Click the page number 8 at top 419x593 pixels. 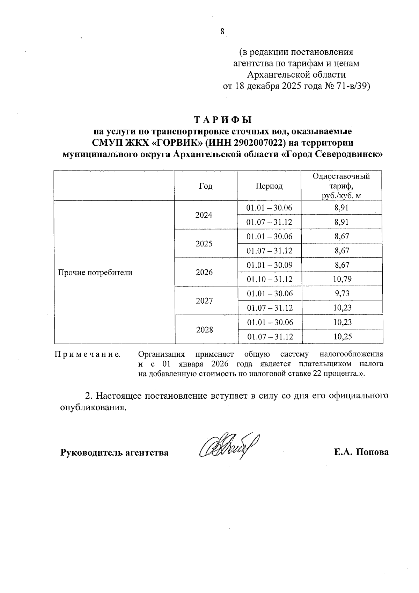pos(222,31)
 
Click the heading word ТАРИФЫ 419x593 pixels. pos(222,120)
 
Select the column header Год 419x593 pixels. pos(205,186)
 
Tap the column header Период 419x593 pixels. pos(269,186)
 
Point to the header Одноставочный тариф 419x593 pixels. pos(341,186)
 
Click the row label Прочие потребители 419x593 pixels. pos(95,273)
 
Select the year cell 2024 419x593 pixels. pos(204,215)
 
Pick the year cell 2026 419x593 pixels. pos(204,272)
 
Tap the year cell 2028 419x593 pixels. pos(205,330)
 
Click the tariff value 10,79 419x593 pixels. pos(342,279)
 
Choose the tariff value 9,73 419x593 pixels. pos(342,294)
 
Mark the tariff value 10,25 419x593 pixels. pos(342,337)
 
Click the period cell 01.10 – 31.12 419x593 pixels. pos(270,279)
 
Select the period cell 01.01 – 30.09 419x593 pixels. pos(270,265)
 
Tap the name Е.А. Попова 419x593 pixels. pos(361,452)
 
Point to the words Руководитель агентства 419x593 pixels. pos(115,453)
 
